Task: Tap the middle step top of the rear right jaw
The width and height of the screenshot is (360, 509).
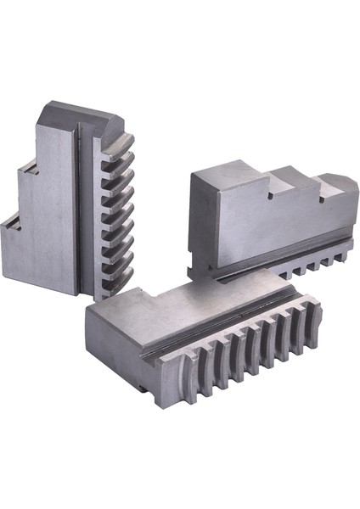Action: (x=293, y=179)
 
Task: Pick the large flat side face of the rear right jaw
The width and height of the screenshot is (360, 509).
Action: (x=255, y=229)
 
